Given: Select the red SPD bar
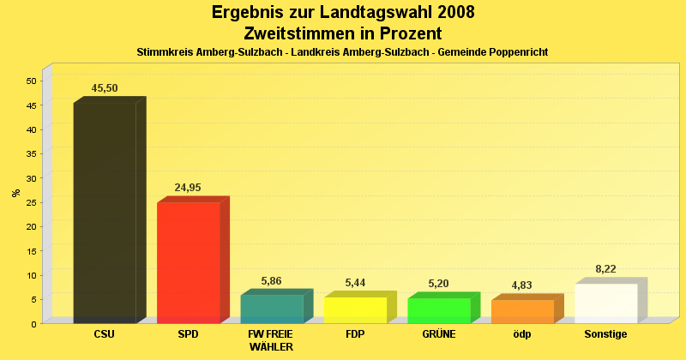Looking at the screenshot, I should (189, 262).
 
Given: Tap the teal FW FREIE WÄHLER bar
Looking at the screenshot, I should (272, 309).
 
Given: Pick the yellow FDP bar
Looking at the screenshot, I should (355, 309).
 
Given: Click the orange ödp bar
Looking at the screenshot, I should (522, 311).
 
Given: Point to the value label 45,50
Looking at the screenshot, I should (105, 88).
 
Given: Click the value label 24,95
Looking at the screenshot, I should (188, 188).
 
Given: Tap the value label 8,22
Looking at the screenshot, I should (606, 269).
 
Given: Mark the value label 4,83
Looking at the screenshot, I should (522, 285).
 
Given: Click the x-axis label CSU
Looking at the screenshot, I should (104, 334).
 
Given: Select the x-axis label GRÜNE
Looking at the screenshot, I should (438, 334).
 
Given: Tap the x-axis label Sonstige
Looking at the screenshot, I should (605, 334).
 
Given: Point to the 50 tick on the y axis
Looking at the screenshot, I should (31, 81).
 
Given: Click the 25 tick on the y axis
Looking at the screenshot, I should (31, 202).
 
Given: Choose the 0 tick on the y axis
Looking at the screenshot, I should (33, 324).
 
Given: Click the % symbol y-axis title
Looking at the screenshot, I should (15, 193).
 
